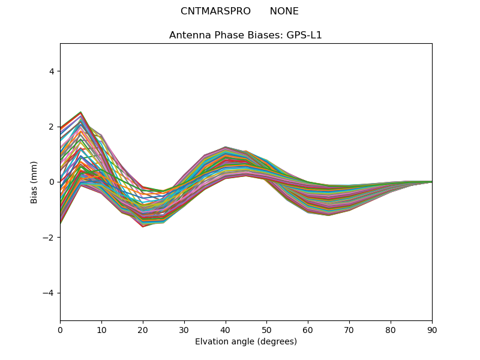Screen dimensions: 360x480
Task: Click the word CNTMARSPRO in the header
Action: click(215, 11)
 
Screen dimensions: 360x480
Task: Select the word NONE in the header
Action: click(284, 11)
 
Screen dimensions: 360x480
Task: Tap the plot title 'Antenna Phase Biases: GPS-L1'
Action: click(245, 35)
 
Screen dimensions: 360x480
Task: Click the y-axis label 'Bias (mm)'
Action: click(34, 182)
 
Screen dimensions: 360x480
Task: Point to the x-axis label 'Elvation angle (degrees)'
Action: click(245, 342)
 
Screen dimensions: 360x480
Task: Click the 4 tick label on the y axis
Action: click(52, 71)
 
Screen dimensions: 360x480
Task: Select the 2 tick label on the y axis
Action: click(52, 127)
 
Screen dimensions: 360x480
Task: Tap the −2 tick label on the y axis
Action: click(49, 238)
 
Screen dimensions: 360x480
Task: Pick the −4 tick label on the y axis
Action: click(49, 293)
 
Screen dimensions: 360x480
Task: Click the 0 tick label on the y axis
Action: click(52, 182)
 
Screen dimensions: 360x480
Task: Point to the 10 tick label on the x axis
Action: click(101, 329)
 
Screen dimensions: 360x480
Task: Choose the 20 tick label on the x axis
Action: click(143, 329)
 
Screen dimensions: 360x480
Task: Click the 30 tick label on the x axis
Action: click(184, 329)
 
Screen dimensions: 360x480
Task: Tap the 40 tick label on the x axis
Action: click(226, 329)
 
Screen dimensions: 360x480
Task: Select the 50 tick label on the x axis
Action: click(266, 329)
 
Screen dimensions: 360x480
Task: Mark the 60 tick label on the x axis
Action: click(308, 329)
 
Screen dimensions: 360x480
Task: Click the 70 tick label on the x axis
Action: click(349, 329)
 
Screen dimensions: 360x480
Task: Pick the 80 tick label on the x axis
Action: click(391, 329)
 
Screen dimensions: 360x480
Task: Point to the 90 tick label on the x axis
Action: click(432, 329)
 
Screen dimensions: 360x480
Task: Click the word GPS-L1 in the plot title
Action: click(306, 35)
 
